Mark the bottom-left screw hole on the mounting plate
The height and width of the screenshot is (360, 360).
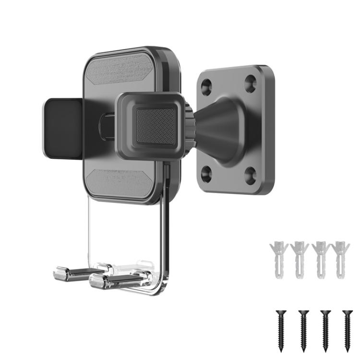click(206, 173)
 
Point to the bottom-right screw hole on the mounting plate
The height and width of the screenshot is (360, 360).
click(250, 176)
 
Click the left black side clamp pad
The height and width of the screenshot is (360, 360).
click(62, 128)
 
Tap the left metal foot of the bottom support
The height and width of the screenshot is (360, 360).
click(72, 274)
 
